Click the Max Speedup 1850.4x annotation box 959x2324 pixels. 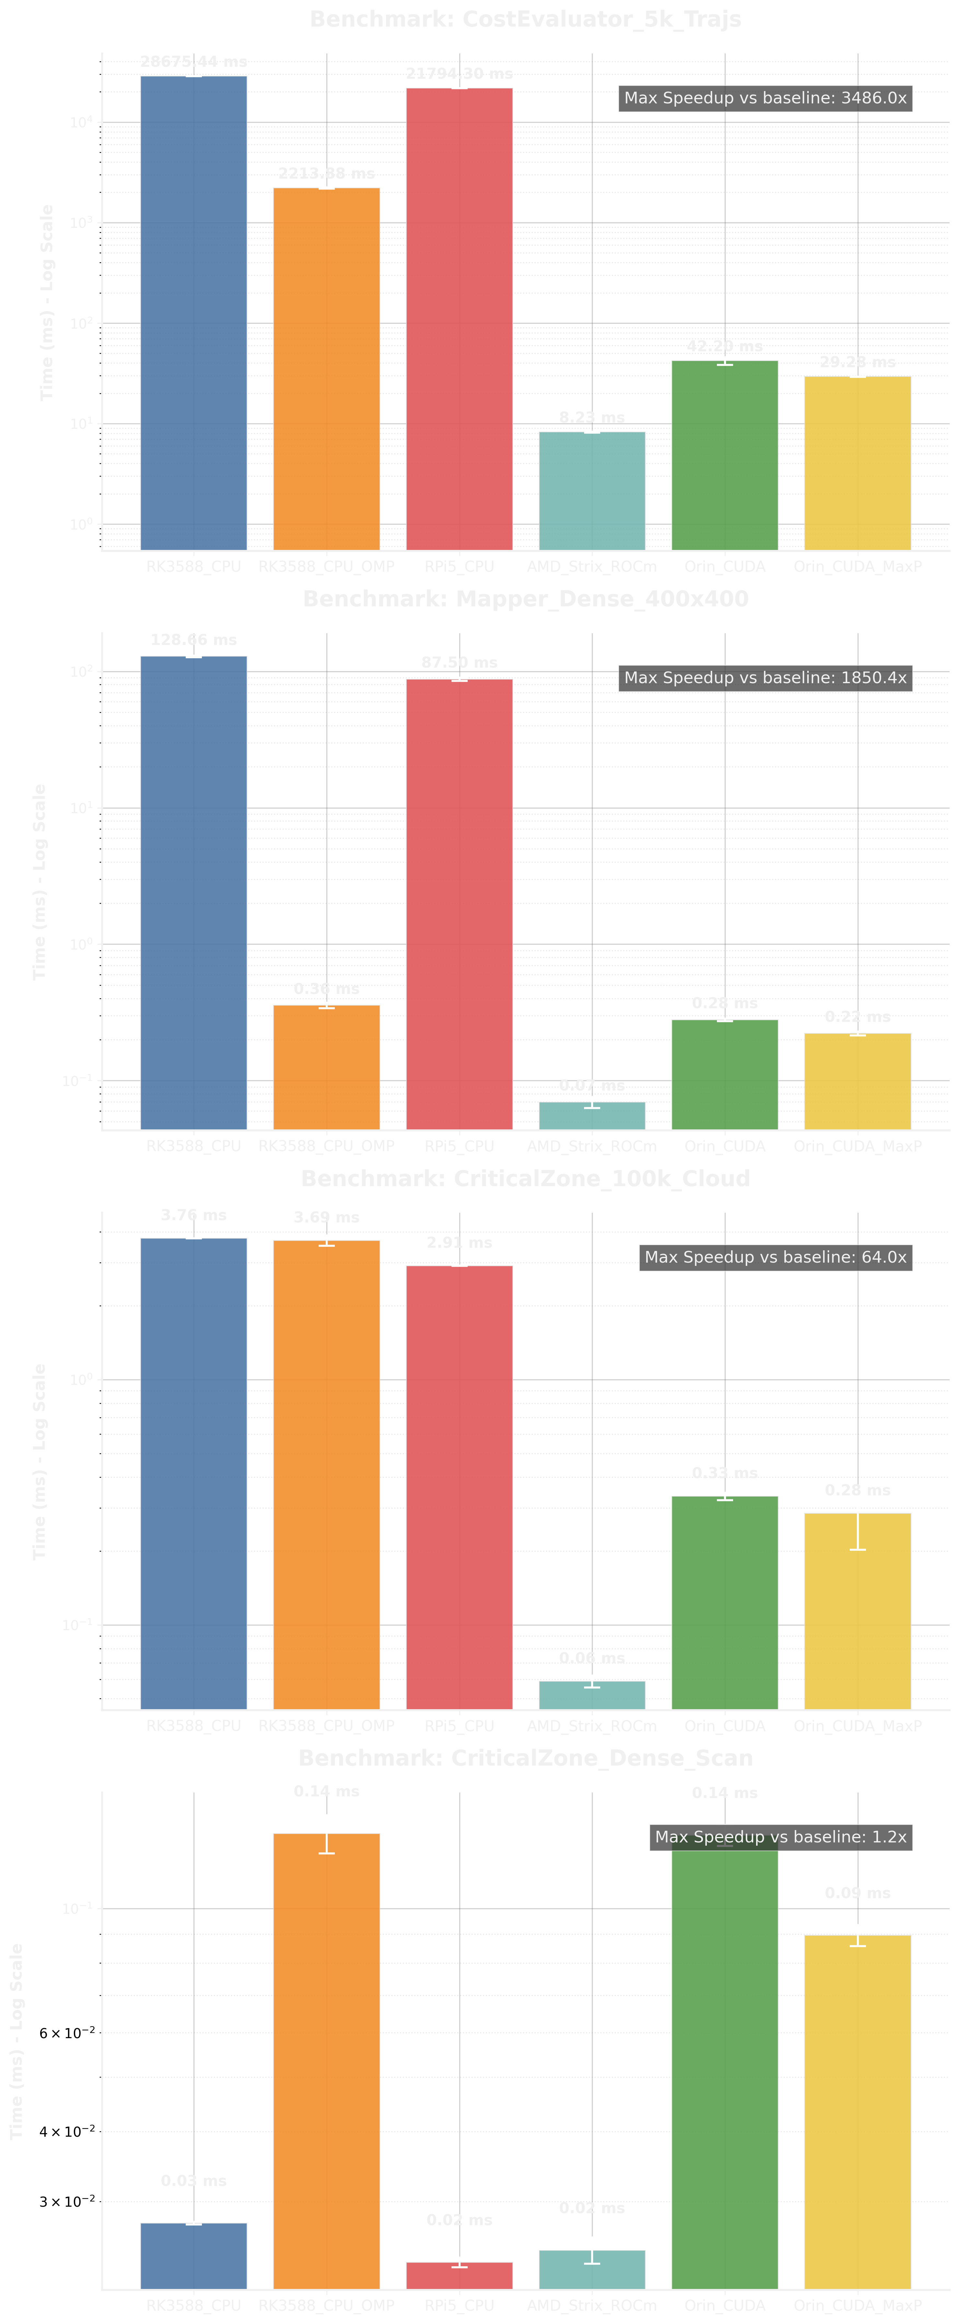tap(765, 678)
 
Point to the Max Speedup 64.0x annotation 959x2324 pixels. tap(775, 1257)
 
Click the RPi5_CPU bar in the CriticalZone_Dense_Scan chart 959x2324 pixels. tap(459, 2275)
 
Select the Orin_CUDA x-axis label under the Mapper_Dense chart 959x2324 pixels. tap(724, 1147)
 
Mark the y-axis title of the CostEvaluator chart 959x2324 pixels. tap(47, 302)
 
